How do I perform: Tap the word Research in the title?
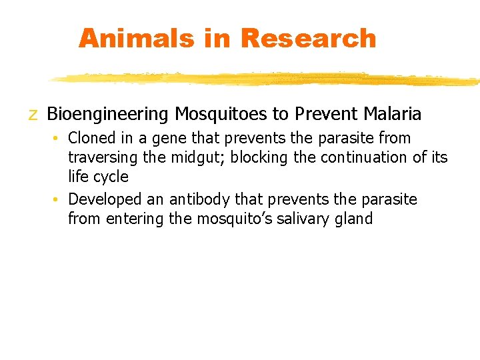coord(308,38)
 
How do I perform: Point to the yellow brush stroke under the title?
coord(267,79)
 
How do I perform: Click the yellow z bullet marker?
coord(33,115)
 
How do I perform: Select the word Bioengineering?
coord(108,115)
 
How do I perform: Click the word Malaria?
coord(393,115)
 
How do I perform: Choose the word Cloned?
coord(91,138)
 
